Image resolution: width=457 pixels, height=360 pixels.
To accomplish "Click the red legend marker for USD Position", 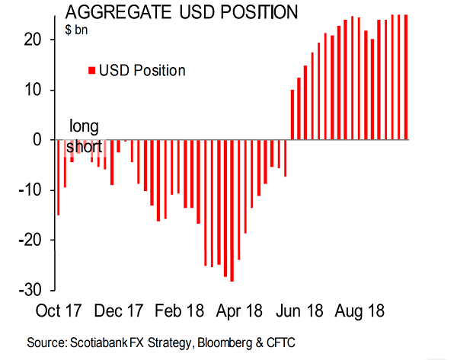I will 92,71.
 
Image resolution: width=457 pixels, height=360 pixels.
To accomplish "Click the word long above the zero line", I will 84,126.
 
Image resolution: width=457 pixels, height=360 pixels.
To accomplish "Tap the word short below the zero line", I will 85,146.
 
